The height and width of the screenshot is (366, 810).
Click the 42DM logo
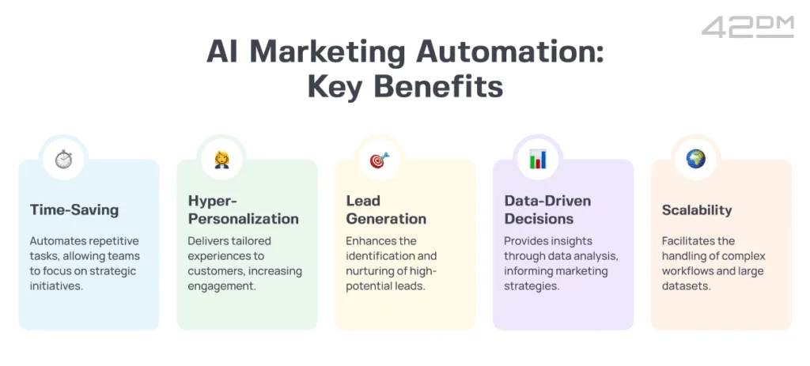pos(748,28)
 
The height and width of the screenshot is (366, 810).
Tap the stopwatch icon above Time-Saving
pos(64,159)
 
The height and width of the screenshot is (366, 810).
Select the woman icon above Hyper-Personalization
pos(222,159)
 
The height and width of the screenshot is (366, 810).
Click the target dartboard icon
pos(380,160)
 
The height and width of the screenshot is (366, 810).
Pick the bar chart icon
pos(538,159)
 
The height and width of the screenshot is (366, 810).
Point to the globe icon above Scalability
pos(696,158)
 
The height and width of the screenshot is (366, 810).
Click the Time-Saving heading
pos(74,210)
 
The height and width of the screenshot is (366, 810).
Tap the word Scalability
pos(697,210)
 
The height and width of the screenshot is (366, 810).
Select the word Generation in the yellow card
pos(386,219)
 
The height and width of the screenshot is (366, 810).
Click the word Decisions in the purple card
pos(539,219)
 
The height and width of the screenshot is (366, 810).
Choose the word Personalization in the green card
pos(244,219)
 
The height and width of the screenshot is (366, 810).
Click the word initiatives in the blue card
pos(56,285)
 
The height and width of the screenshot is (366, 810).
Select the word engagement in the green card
pos(221,286)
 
